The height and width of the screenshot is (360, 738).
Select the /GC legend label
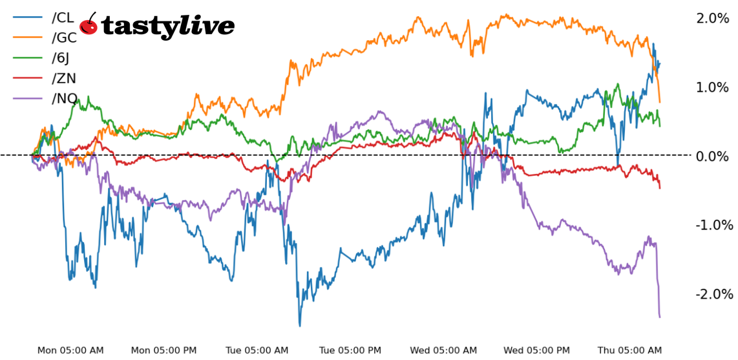64,37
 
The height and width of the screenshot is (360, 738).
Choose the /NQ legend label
64,99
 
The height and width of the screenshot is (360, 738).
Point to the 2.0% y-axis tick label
712,18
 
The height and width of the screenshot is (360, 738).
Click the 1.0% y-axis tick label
712,87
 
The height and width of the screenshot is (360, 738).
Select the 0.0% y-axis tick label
712,156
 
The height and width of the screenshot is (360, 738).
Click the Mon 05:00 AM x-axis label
70,350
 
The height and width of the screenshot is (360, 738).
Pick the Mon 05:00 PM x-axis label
164,350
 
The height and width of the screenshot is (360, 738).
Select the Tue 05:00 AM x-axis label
257,350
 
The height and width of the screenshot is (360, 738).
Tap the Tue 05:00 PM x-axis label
351,350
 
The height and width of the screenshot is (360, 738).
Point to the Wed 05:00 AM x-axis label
444,350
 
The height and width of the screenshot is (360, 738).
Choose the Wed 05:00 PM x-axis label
537,350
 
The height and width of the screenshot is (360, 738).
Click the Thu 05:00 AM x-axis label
630,350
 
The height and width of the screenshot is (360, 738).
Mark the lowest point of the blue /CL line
300,326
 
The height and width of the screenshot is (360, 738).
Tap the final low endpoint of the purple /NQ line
660,317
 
